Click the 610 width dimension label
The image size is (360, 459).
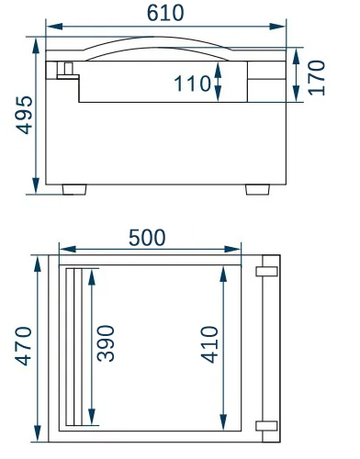(x=165, y=13)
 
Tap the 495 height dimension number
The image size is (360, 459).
(x=24, y=115)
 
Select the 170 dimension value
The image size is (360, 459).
(x=317, y=78)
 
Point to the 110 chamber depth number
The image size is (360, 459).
(x=193, y=84)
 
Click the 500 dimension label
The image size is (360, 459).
(x=147, y=238)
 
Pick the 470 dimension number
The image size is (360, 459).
(x=23, y=346)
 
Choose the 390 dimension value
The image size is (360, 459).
(x=106, y=343)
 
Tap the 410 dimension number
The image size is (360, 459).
(x=209, y=344)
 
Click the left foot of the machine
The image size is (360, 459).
(x=74, y=189)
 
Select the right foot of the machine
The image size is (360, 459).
(x=258, y=189)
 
